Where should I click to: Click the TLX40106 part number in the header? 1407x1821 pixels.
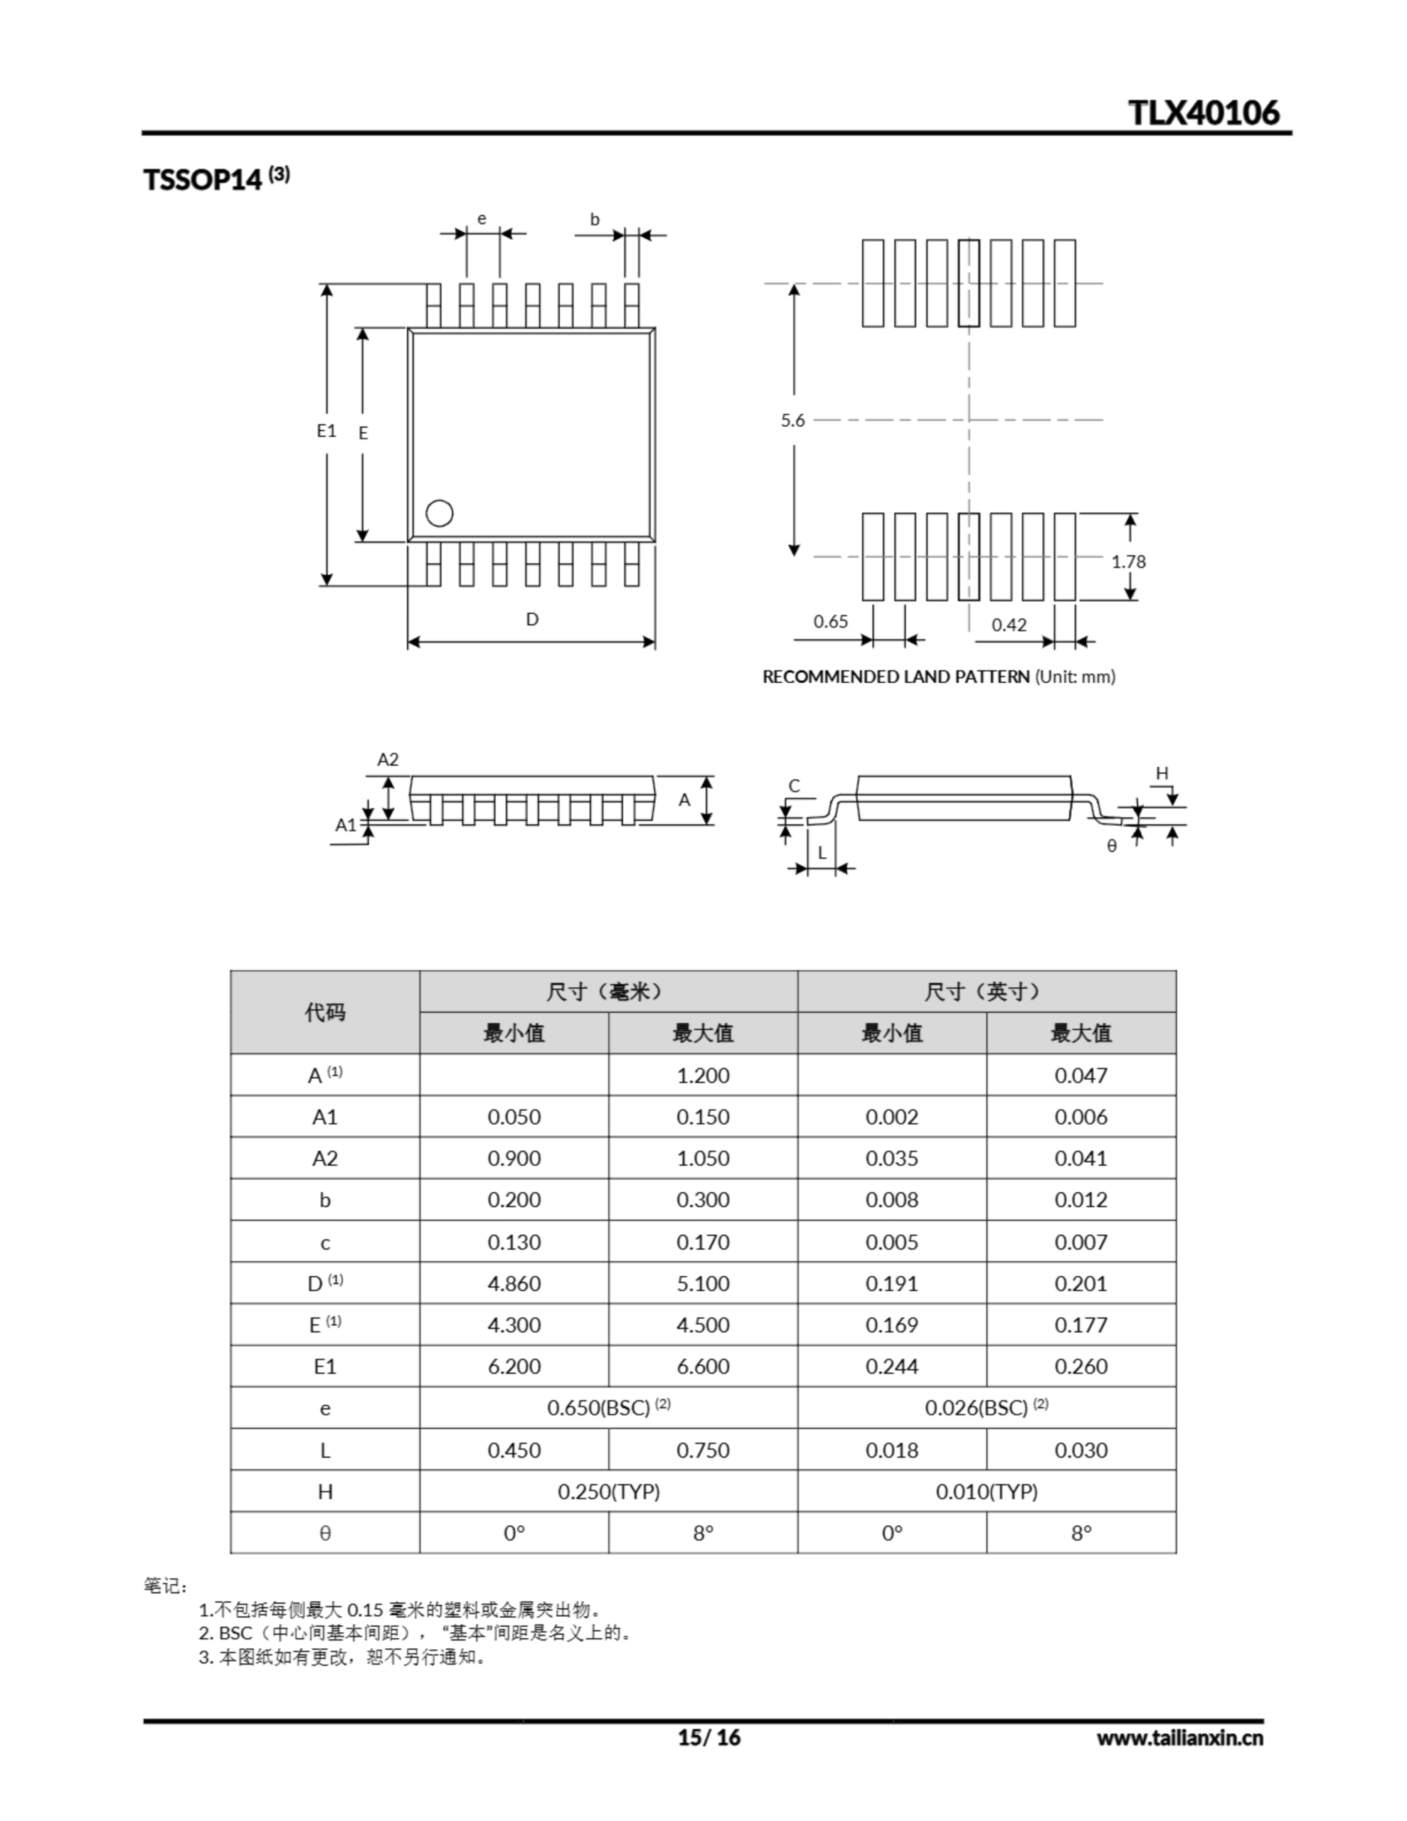1203,112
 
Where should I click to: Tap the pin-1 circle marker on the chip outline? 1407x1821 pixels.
440,514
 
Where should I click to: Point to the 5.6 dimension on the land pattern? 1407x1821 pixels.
792,420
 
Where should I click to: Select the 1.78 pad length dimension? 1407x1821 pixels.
1127,561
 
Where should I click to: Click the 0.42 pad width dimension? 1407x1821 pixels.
1009,625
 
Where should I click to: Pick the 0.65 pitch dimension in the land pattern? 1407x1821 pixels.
830,621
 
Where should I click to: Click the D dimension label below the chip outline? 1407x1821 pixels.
532,619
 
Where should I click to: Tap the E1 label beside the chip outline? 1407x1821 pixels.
326,430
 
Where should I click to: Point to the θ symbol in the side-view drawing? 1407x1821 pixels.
1111,846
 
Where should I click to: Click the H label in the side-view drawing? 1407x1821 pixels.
1162,774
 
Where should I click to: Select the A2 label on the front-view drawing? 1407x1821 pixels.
388,760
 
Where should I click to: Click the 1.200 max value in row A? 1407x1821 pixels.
702,1075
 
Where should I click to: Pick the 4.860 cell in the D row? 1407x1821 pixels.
514,1283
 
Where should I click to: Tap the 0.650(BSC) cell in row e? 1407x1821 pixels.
608,1408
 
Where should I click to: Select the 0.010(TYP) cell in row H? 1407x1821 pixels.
987,1492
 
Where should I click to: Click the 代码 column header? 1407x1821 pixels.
324,1012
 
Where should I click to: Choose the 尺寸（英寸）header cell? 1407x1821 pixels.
986,992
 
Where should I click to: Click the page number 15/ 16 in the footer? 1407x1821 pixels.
708,1737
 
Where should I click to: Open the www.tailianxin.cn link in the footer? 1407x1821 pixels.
1179,1738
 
